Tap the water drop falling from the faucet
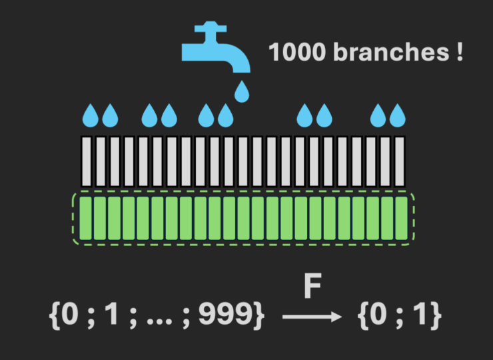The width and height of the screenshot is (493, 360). (x=241, y=91)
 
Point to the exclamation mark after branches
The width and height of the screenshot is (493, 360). (x=459, y=52)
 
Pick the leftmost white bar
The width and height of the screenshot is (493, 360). (x=87, y=162)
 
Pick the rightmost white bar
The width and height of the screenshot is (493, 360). (x=399, y=162)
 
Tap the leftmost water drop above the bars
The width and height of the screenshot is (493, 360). (x=91, y=116)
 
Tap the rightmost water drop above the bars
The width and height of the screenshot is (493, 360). (x=398, y=116)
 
